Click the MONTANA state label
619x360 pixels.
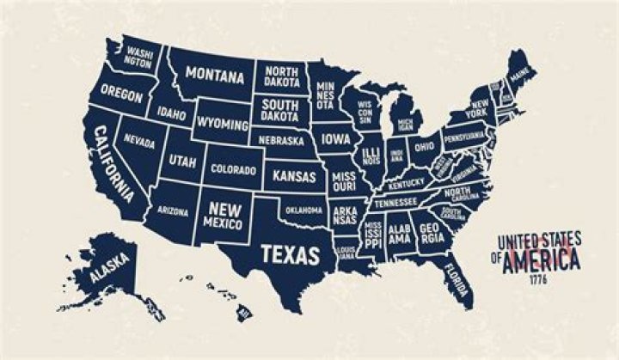click(215, 75)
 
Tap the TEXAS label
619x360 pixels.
click(290, 254)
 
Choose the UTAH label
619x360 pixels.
click(182, 161)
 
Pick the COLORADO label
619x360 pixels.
click(233, 170)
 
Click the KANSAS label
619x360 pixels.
click(294, 175)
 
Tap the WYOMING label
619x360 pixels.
click(221, 124)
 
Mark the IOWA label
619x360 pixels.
click(336, 138)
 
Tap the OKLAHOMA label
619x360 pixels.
click(303, 209)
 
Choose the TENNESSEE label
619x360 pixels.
click(395, 202)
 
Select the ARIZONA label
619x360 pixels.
click(174, 210)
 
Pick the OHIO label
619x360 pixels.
click(424, 146)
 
